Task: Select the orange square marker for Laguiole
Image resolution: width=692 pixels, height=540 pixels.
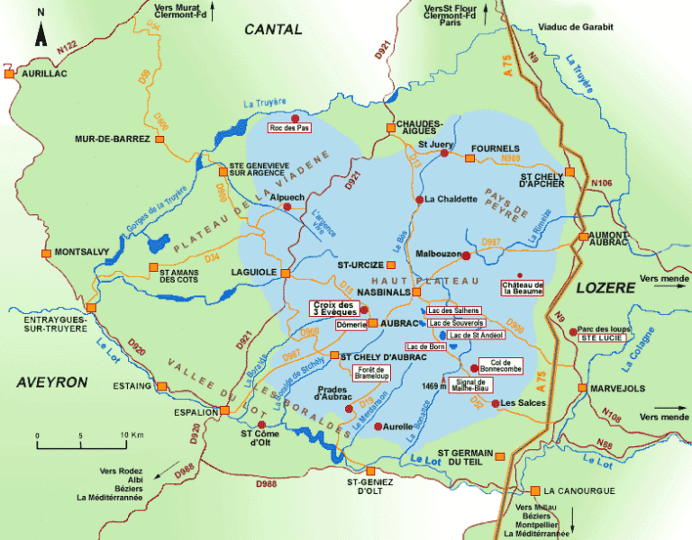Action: click(286, 273)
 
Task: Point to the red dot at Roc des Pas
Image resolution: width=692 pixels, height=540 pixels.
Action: click(295, 117)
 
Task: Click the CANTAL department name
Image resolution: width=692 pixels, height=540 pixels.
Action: click(273, 30)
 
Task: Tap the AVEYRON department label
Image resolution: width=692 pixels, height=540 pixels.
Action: click(51, 382)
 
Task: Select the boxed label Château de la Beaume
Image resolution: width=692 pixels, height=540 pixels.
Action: click(524, 288)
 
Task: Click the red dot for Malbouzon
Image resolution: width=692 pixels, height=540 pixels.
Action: click(466, 256)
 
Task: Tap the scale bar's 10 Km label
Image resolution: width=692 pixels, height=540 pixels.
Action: click(132, 436)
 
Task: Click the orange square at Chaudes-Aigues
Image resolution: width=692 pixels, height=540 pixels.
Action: click(391, 128)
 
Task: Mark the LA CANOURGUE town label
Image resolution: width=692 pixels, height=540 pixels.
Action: click(579, 490)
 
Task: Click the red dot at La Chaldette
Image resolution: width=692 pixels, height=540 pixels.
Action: click(419, 199)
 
